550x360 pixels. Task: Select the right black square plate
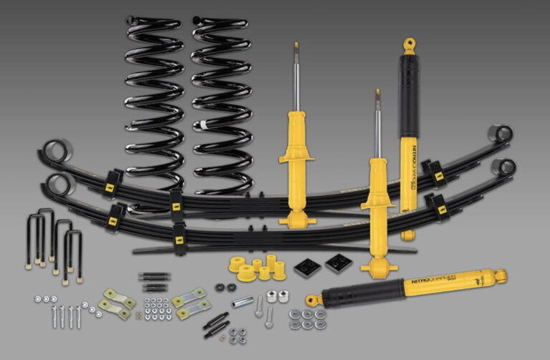click(x=337, y=263)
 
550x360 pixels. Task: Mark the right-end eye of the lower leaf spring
click(x=506, y=167)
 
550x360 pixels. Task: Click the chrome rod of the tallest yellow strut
click(x=295, y=79)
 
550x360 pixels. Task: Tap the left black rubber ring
click(x=219, y=288)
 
